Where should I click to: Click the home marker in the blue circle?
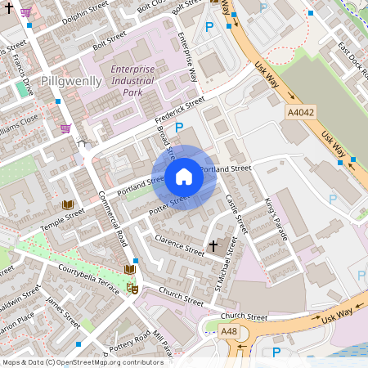pos(184,176)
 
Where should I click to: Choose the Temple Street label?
pos(62,218)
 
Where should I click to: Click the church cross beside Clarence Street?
pos(214,245)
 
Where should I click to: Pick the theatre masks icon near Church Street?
pos(132,288)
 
